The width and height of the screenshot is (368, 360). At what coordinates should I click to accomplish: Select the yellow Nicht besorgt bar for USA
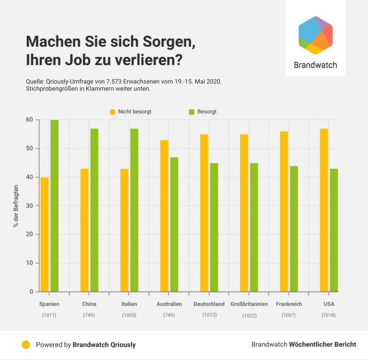(x=324, y=210)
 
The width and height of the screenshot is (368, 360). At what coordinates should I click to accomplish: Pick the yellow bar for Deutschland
(x=204, y=213)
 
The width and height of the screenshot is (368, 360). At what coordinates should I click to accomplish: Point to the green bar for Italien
(x=134, y=210)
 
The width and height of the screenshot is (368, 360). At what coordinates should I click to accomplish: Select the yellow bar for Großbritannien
(x=244, y=213)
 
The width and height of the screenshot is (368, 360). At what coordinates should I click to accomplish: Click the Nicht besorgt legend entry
(x=134, y=112)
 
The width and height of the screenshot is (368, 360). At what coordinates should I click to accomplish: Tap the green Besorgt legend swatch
(x=192, y=112)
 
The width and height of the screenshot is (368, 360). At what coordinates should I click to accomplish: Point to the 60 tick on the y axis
(x=30, y=120)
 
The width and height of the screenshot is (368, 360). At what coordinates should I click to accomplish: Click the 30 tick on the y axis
(x=30, y=206)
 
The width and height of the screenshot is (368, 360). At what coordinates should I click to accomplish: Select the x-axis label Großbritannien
(x=249, y=304)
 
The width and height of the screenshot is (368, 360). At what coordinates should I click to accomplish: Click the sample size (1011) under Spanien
(x=49, y=315)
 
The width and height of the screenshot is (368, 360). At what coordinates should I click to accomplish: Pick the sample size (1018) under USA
(x=329, y=315)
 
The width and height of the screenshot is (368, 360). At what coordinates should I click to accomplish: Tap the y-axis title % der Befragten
(x=16, y=206)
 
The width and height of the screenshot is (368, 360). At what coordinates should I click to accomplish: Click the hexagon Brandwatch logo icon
(x=316, y=35)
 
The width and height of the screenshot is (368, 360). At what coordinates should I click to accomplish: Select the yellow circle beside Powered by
(x=26, y=344)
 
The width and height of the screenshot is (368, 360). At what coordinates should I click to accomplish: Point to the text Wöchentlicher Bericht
(x=323, y=344)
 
